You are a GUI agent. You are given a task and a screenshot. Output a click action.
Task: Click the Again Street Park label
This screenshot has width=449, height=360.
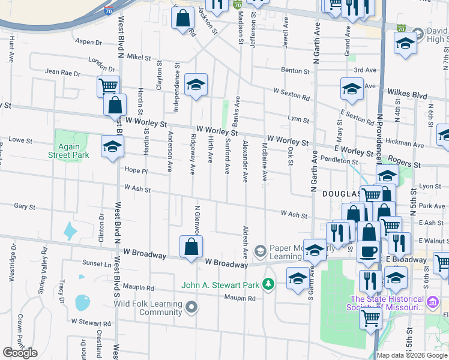(x=68, y=151)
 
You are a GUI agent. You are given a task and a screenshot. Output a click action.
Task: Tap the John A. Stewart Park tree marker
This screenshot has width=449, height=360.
(x=270, y=284)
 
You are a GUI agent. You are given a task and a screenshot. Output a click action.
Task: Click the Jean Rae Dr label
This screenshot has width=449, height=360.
(x=62, y=73)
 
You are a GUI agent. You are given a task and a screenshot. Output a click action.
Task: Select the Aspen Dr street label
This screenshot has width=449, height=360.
(x=89, y=42)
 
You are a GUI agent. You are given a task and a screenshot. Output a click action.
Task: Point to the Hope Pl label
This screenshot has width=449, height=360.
(x=136, y=170)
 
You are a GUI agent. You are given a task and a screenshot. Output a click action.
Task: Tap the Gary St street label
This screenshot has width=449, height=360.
(x=25, y=206)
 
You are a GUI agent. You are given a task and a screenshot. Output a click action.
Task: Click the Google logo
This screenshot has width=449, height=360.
(x=20, y=353)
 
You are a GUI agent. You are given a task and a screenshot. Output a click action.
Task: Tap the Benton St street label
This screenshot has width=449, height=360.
(x=295, y=71)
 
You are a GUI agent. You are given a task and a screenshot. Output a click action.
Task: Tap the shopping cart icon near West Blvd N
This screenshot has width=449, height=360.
(x=109, y=86)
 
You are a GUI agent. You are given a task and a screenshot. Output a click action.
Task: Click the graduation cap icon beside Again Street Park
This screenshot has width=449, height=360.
(x=112, y=147)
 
